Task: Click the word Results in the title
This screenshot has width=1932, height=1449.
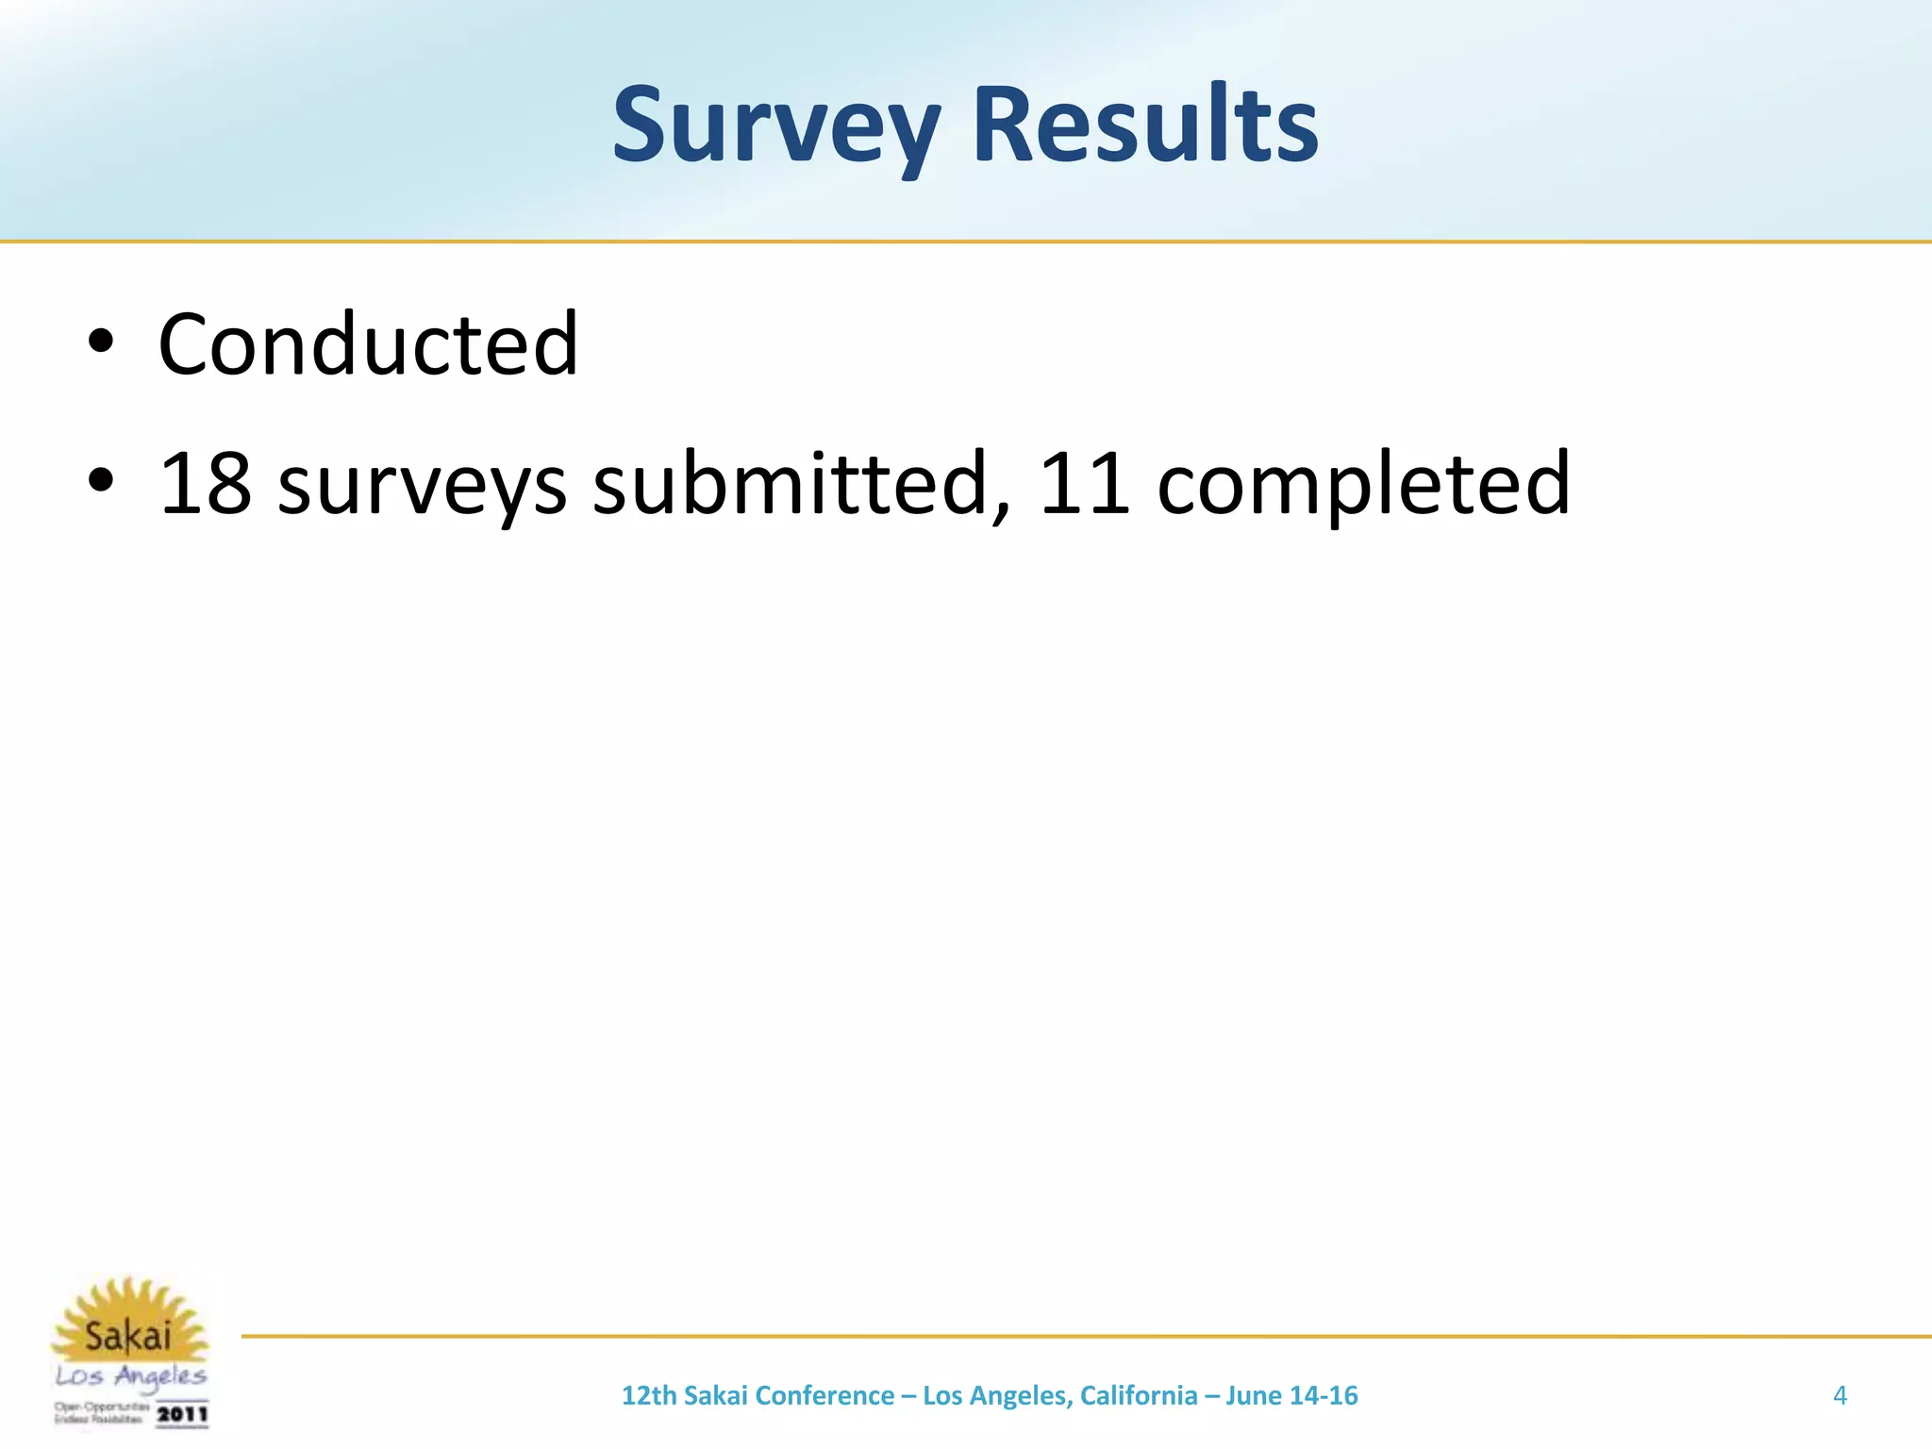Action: [x=1144, y=125]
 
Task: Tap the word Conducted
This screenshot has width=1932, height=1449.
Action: [x=368, y=344]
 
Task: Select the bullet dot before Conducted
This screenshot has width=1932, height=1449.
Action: [x=100, y=343]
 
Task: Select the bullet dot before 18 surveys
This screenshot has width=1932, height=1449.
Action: [x=100, y=482]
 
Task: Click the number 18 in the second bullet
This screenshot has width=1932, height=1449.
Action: [x=205, y=483]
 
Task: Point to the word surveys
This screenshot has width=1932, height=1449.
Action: [x=422, y=486]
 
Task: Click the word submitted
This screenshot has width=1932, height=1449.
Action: [x=791, y=483]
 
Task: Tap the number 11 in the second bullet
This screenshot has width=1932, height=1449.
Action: [x=1084, y=483]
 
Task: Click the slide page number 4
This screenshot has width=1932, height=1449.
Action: [x=1840, y=1395]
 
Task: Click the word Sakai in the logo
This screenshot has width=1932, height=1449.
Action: [x=128, y=1336]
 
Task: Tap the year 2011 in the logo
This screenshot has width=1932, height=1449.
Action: [x=181, y=1414]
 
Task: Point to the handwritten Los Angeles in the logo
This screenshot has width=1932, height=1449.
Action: [x=130, y=1376]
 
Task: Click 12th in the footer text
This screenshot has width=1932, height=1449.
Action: [x=649, y=1395]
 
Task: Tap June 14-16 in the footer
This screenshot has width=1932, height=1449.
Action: [x=1291, y=1395]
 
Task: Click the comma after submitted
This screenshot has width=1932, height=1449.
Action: [x=1001, y=510]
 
